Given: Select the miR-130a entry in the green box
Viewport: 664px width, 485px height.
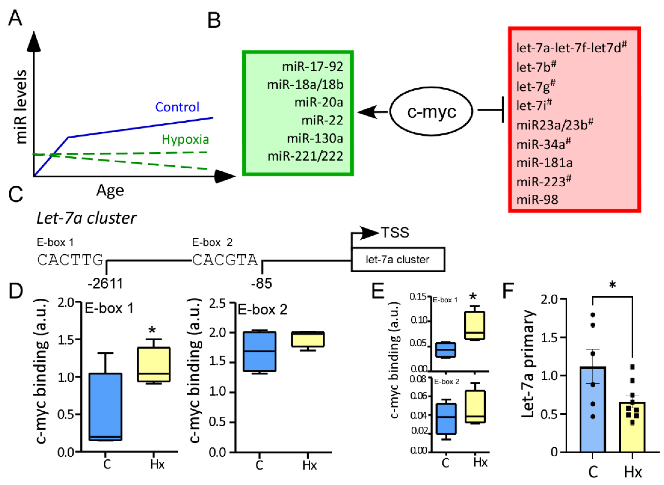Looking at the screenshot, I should [x=315, y=138].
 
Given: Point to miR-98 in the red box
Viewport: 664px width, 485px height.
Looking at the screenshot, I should [x=537, y=200].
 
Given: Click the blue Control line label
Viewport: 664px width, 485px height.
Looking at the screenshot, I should [x=177, y=107].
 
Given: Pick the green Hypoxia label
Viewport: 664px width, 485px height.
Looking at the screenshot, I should [x=185, y=139].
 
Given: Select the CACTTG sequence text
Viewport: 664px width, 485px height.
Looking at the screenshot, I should [x=70, y=260].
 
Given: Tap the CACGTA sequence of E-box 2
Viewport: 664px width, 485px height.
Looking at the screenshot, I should [x=225, y=260].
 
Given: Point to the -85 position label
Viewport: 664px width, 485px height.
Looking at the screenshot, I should [x=261, y=284].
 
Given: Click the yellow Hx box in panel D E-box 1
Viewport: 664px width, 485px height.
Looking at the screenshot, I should [x=154, y=364].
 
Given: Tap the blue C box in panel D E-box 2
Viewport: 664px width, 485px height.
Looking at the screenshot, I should [x=260, y=351].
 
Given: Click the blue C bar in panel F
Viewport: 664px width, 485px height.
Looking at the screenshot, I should [x=593, y=409].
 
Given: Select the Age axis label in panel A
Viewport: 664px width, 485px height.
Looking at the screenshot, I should [x=110, y=191].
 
